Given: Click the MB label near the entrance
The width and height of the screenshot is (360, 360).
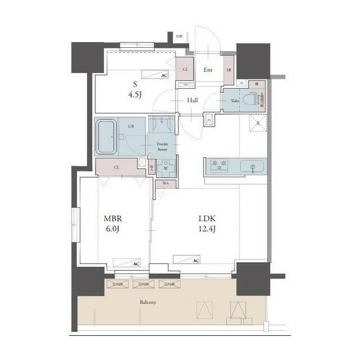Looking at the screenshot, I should pos(179,37).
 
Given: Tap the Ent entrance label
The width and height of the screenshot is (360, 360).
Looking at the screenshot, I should pos(208,70).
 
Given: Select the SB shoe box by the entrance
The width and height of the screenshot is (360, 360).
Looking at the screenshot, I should pos(228,70).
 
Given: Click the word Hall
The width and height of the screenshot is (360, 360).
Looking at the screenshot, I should pos(192,100).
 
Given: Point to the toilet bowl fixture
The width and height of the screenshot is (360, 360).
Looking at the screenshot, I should pos(251,100).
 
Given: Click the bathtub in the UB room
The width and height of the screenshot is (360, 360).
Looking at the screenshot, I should pos(106,136).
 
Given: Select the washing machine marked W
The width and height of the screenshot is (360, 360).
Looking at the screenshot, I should pos(166,167).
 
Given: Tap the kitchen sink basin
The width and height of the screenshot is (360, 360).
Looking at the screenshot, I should pos(252,166).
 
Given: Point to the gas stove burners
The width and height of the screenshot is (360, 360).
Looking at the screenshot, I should pos(219,165).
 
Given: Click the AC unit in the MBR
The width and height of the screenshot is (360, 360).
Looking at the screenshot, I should pos(127,263).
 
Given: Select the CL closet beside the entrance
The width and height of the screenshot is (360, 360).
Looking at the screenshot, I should pos(185,70).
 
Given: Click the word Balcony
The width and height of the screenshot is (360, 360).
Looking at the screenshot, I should pos(148,303).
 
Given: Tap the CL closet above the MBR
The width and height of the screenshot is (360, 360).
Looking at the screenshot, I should pos(116,167).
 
